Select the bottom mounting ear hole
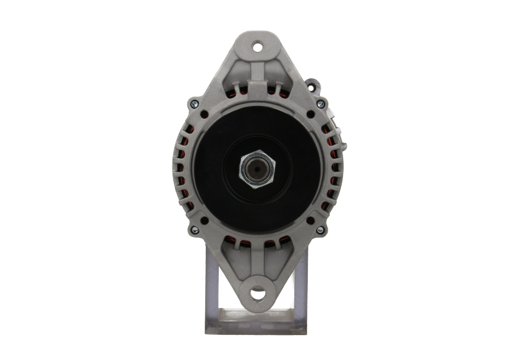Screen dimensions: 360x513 (258, 294)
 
